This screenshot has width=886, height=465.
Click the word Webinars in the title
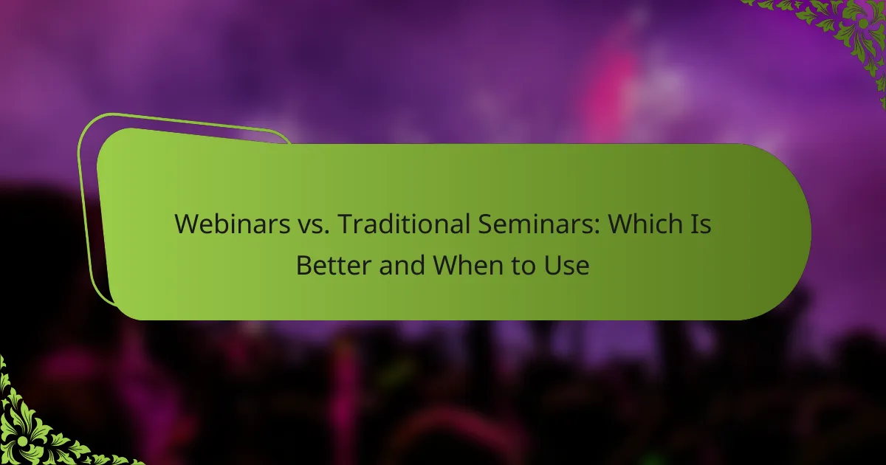click(232, 224)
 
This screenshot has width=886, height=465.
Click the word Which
click(644, 224)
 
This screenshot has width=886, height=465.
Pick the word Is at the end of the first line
click(700, 224)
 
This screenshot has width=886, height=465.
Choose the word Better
click(334, 265)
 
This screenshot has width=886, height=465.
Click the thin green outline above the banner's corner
click(182, 121)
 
